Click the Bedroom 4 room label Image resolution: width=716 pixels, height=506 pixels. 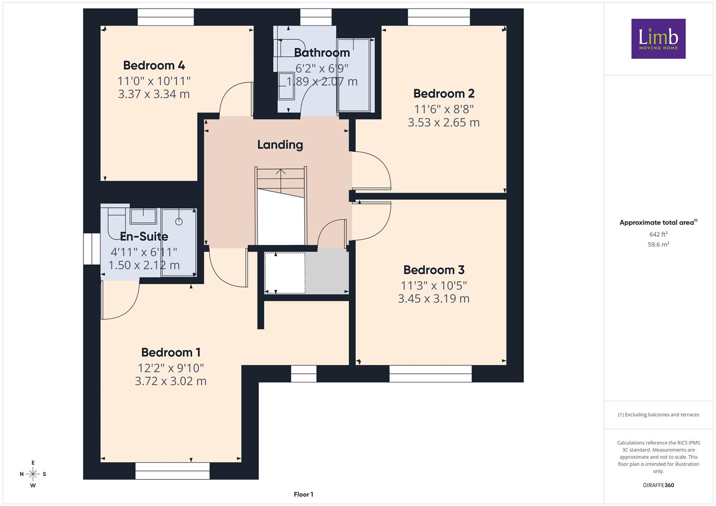click(x=154, y=66)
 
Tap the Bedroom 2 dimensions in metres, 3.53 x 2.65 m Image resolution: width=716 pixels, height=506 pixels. click(x=444, y=122)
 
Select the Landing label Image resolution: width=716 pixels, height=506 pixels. click(x=280, y=145)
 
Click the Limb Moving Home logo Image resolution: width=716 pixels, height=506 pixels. click(x=658, y=38)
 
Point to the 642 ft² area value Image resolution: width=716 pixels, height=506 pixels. click(x=658, y=234)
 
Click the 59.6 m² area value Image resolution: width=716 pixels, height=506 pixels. click(x=658, y=245)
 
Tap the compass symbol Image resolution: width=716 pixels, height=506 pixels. click(x=33, y=474)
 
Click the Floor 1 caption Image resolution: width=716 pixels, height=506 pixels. click(x=303, y=494)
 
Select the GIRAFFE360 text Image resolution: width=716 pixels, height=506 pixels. click(x=658, y=485)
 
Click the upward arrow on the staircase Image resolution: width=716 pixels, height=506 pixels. click(x=281, y=180)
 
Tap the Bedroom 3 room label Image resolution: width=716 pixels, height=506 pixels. click(x=434, y=270)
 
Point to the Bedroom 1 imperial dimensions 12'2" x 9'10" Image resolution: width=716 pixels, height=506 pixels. click(x=171, y=368)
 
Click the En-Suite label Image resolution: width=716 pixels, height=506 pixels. click(x=144, y=237)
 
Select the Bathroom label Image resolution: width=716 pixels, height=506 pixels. click(x=322, y=52)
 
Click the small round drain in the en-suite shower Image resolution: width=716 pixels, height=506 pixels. click(x=179, y=221)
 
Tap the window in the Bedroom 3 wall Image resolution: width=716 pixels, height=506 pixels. click(x=430, y=373)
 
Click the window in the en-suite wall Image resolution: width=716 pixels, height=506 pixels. click(x=92, y=249)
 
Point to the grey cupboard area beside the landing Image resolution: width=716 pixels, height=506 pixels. click(x=327, y=272)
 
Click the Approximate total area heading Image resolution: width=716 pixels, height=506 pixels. click(x=658, y=223)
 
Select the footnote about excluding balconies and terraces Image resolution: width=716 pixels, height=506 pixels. click(x=658, y=415)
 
